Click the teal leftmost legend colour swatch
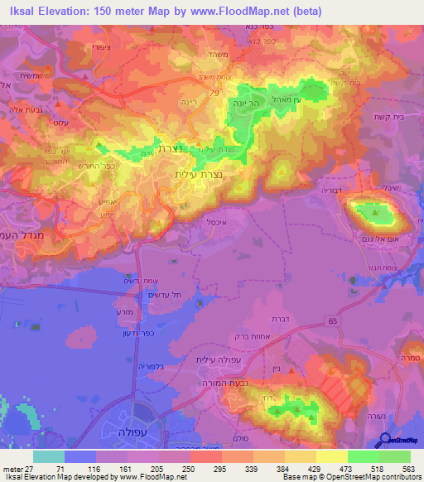tap(49, 456)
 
